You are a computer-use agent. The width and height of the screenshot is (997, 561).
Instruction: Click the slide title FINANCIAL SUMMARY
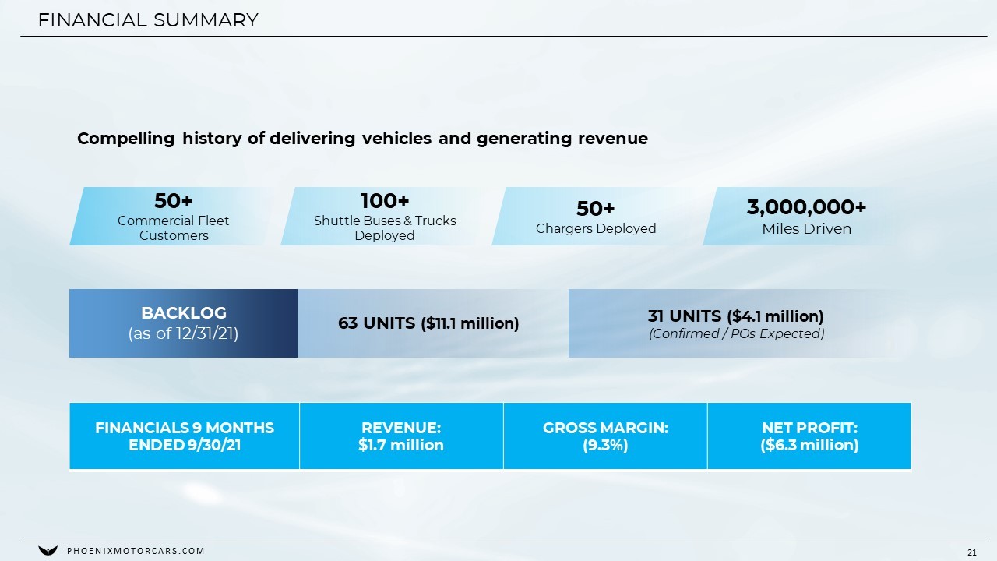point(148,20)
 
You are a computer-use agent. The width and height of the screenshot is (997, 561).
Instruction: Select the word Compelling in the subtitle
point(126,139)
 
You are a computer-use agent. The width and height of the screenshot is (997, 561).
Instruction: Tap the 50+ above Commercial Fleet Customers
point(173,201)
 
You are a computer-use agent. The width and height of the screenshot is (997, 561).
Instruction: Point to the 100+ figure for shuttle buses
point(385,201)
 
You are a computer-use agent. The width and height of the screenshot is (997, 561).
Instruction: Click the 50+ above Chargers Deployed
point(596,208)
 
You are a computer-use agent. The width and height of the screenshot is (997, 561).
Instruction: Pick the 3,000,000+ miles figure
point(806,207)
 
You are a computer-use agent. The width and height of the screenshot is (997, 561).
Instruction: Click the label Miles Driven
point(806,229)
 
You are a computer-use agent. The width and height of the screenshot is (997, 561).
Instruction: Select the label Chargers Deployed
point(596,229)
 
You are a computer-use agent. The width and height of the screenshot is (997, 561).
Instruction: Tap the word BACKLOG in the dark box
point(183,313)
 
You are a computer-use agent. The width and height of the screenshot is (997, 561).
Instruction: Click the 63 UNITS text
point(376,323)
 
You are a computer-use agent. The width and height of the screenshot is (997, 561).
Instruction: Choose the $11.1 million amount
point(470,323)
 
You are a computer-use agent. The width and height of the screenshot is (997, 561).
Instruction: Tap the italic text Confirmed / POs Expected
point(737,334)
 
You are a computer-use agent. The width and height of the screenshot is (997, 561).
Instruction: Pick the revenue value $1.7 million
point(401,445)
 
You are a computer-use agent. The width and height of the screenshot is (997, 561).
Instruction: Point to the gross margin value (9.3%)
point(605,445)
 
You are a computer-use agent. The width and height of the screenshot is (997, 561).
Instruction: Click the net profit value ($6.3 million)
point(809,445)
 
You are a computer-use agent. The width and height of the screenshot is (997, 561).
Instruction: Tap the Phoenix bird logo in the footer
point(48,551)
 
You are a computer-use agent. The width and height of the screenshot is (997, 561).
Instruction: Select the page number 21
point(972,552)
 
